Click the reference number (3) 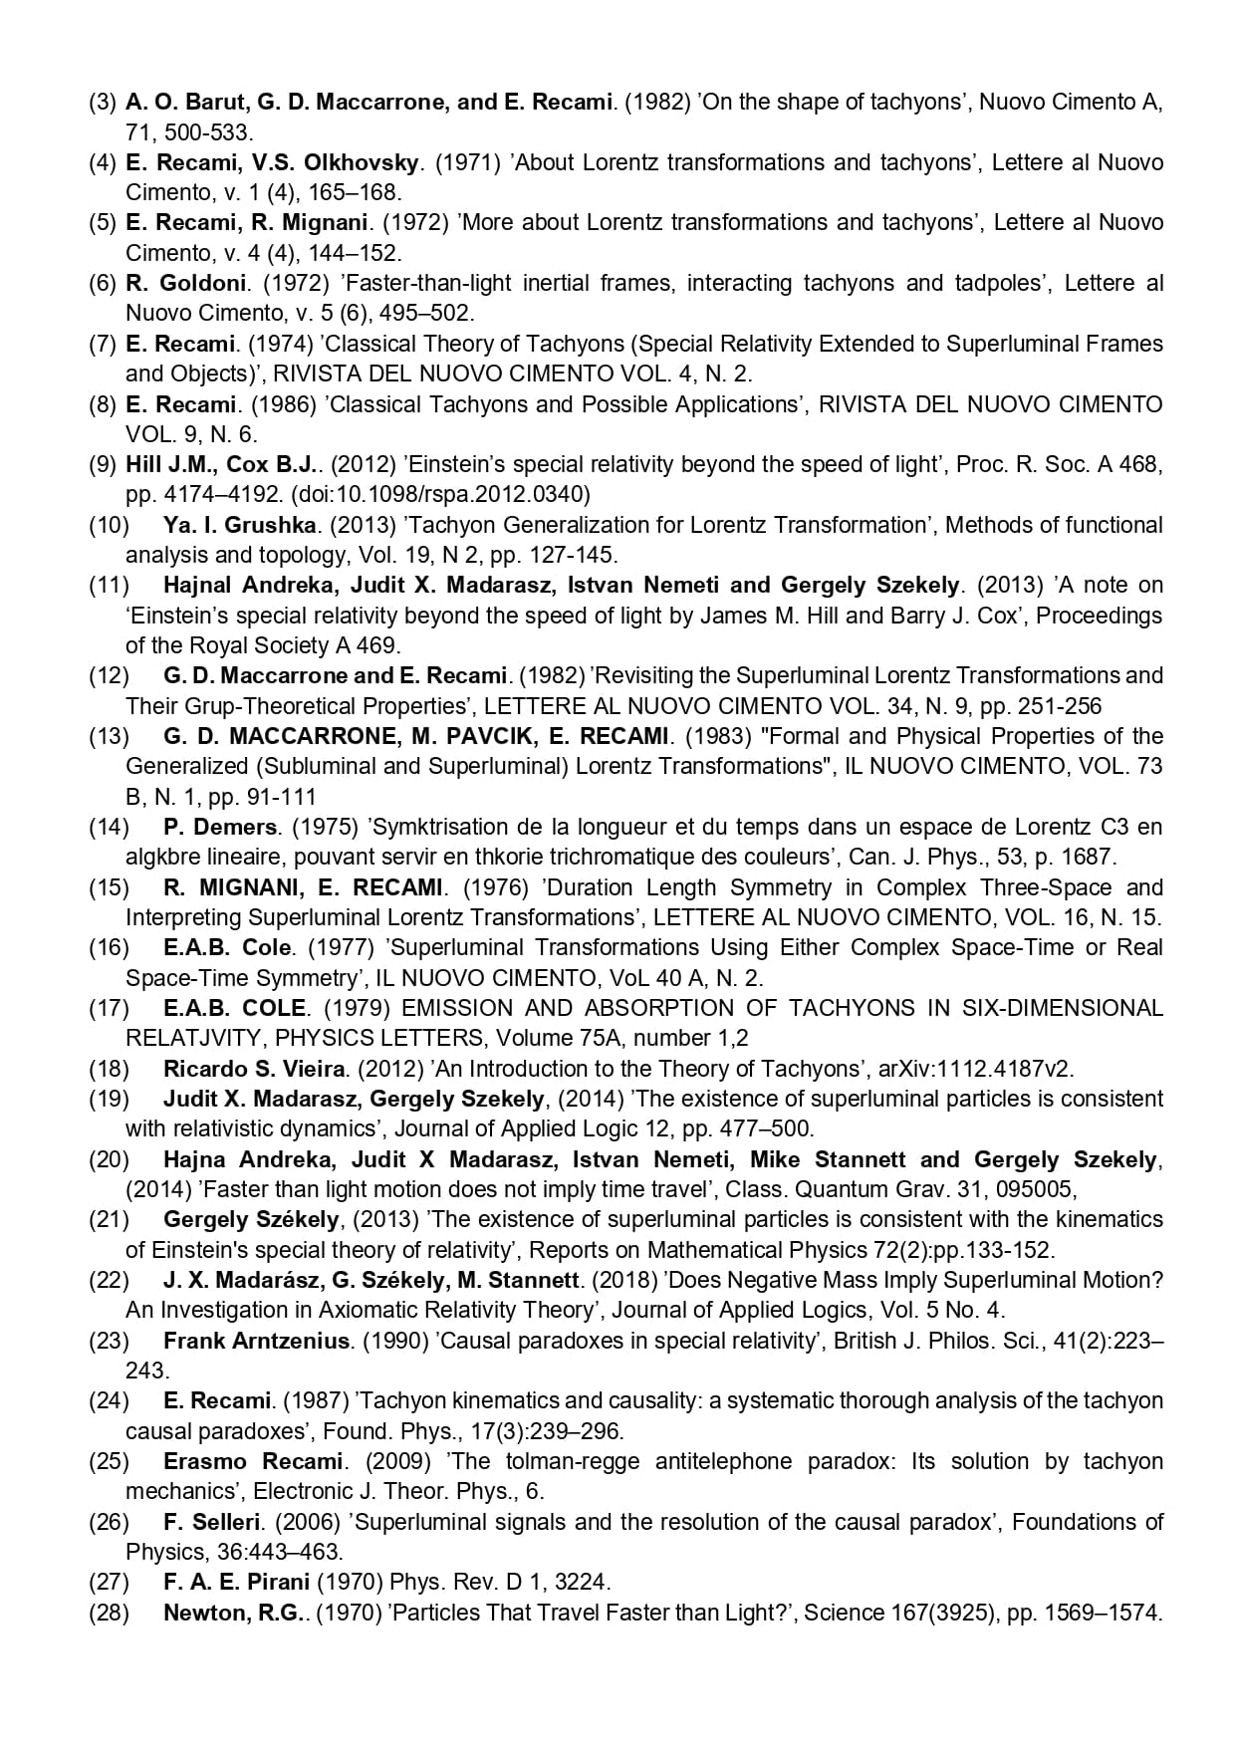pyautogui.click(x=103, y=102)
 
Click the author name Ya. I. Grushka pyautogui.click(x=239, y=525)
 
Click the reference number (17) pyautogui.click(x=109, y=1008)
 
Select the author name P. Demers pyautogui.click(x=219, y=827)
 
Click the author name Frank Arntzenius pyautogui.click(x=257, y=1341)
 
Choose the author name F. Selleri pyautogui.click(x=212, y=1522)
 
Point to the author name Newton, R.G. pyautogui.click(x=232, y=1613)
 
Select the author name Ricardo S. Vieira pyautogui.click(x=254, y=1069)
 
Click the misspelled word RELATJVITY pyautogui.click(x=195, y=1038)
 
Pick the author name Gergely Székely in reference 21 pyautogui.click(x=251, y=1219)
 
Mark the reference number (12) pyautogui.click(x=109, y=675)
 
